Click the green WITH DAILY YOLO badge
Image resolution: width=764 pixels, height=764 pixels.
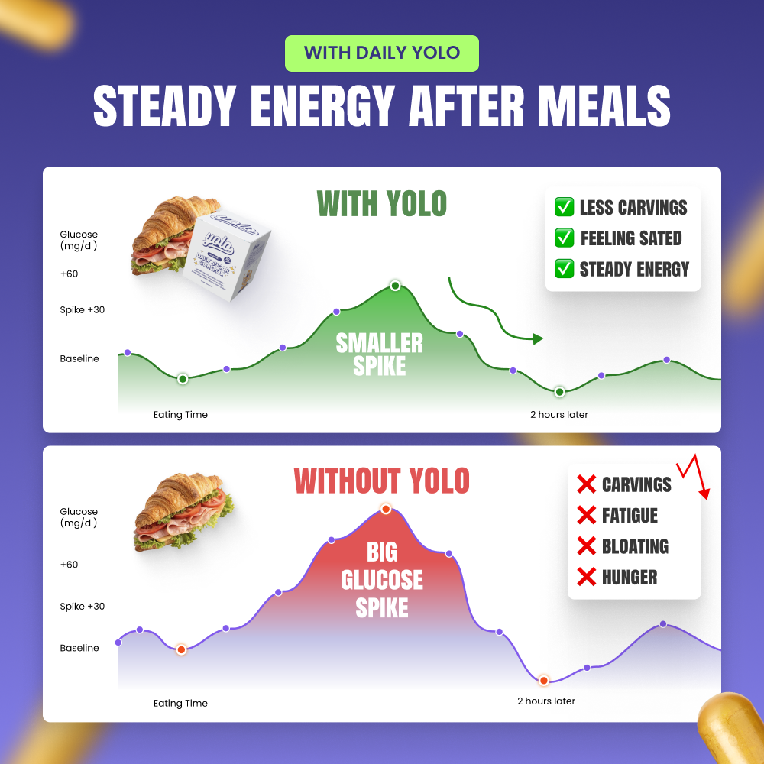click(381, 53)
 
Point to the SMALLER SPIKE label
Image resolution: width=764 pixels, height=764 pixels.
click(380, 354)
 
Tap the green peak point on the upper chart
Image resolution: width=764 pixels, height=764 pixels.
click(395, 286)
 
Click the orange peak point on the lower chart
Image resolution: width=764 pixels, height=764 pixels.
click(386, 509)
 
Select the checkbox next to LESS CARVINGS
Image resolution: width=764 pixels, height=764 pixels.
click(565, 207)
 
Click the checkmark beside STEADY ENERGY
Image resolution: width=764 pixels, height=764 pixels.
click(565, 269)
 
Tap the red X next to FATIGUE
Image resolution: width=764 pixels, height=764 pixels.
click(586, 516)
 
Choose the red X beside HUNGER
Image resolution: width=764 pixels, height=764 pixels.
click(586, 578)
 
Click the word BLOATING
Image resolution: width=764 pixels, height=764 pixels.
click(635, 546)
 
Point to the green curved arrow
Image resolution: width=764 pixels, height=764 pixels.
click(493, 313)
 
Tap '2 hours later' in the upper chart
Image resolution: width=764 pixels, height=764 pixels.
click(559, 415)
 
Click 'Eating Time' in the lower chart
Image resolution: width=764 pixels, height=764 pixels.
click(180, 703)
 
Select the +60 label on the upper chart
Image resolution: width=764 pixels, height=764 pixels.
click(70, 274)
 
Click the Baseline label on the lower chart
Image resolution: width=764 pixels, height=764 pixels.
click(79, 648)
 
